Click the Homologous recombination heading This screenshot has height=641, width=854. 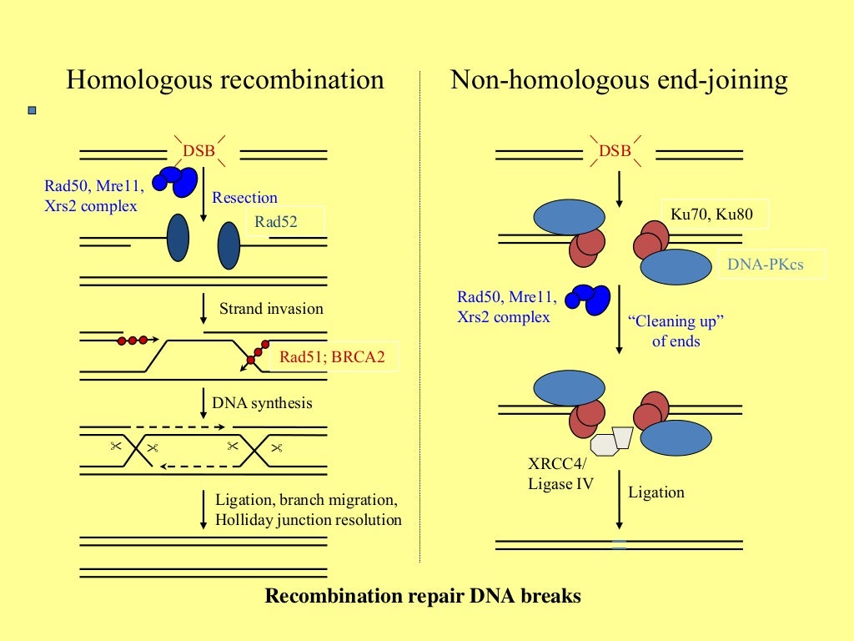click(225, 80)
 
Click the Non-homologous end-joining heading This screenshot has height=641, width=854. click(619, 80)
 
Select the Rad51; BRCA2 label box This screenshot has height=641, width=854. click(334, 358)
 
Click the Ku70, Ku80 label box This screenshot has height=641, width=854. click(711, 215)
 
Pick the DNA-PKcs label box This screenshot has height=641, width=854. click(771, 265)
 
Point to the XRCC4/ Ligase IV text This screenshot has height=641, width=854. click(561, 473)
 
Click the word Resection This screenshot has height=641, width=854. click(244, 198)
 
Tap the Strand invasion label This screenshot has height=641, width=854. click(271, 309)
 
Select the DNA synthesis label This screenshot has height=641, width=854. click(262, 403)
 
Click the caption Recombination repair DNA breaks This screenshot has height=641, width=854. click(423, 597)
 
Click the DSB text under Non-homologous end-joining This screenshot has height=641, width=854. click(615, 151)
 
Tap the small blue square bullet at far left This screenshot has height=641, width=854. click(33, 110)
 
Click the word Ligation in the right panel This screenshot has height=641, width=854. click(656, 492)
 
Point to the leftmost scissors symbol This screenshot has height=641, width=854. click(116, 446)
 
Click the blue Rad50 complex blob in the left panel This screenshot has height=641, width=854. click(178, 179)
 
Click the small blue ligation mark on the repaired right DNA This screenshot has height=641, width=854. click(619, 545)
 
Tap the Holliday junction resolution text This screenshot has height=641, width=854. click(309, 520)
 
